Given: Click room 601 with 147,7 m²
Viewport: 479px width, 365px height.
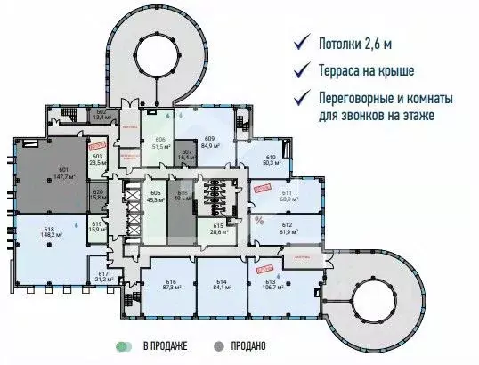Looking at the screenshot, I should [x=62, y=174].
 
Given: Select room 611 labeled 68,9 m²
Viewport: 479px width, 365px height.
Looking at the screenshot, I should [x=288, y=195].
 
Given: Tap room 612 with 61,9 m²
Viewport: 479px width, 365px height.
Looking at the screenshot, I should [x=288, y=228].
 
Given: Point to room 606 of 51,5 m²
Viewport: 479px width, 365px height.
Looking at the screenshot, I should [x=161, y=143].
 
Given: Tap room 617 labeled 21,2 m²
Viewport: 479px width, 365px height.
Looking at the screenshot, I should [x=103, y=276].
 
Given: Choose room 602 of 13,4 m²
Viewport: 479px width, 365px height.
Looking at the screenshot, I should [x=101, y=114].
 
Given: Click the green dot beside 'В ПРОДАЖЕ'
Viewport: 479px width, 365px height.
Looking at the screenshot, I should [x=118, y=345].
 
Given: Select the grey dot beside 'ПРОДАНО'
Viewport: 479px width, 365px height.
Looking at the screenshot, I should [x=218, y=345].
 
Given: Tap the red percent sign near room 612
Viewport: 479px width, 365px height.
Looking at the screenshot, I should [x=259, y=220].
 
